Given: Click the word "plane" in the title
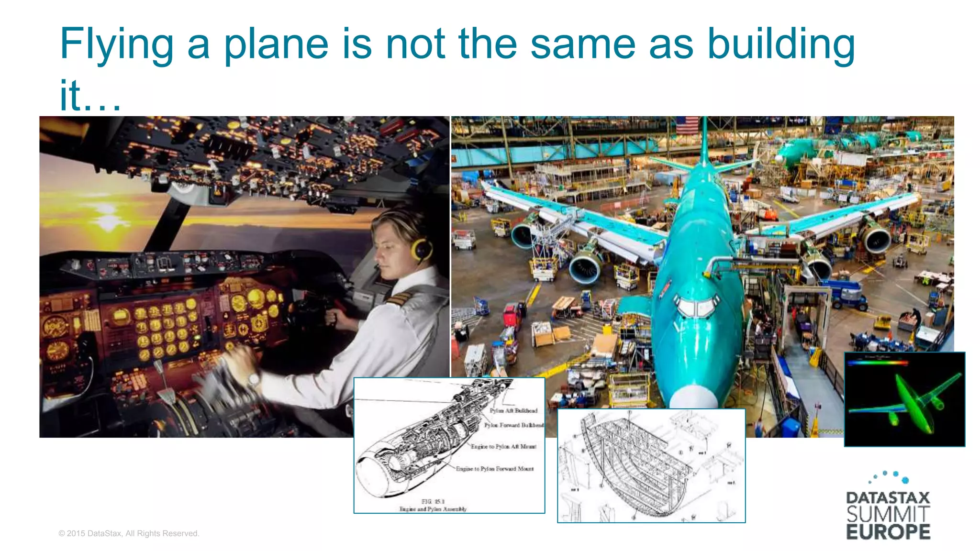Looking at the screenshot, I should pos(276,44).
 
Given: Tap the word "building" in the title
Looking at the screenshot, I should pos(781,44).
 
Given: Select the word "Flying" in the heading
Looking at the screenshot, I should pos(116,44).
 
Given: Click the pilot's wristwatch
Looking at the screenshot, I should pos(253,380).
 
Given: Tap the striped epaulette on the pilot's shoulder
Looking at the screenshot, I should pos(397,299).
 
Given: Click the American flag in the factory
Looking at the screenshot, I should pos(687,125).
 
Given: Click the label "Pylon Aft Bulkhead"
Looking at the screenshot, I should pos(513,410).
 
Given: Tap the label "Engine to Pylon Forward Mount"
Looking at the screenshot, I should pos(494,469).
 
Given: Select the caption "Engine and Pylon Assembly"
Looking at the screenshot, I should pos(433,509).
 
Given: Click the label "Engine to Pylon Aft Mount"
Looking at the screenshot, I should pos(503,446).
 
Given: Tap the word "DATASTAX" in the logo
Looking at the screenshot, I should pos(888,498).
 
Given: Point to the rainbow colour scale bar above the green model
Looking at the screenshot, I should pos(878,363).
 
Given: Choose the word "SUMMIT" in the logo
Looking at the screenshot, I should pos(888,515).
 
